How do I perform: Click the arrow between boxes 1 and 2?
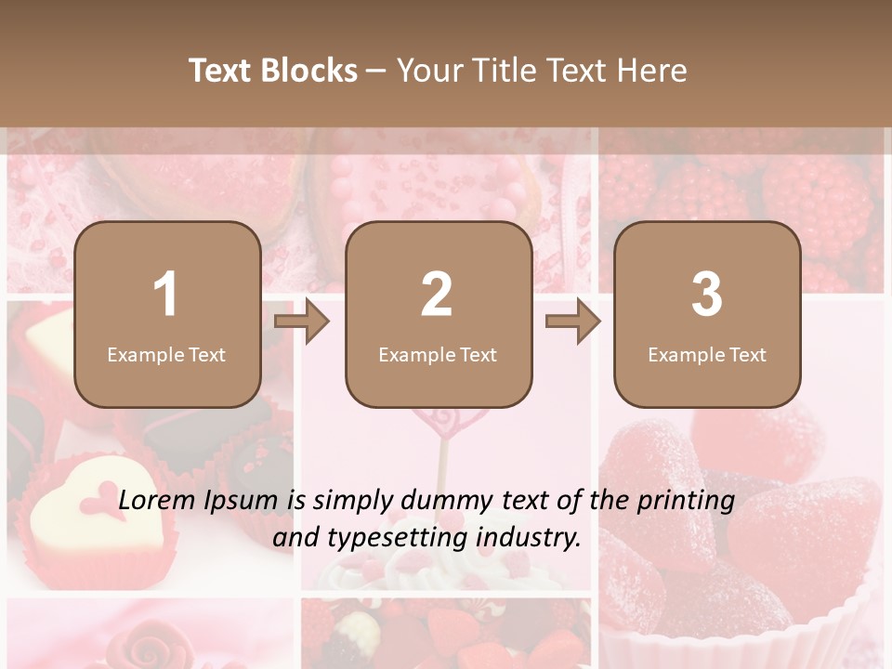[302, 321]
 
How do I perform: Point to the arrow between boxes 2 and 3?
[573, 321]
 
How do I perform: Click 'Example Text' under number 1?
[166, 355]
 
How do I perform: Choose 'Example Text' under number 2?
[438, 355]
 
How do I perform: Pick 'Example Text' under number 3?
[707, 355]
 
